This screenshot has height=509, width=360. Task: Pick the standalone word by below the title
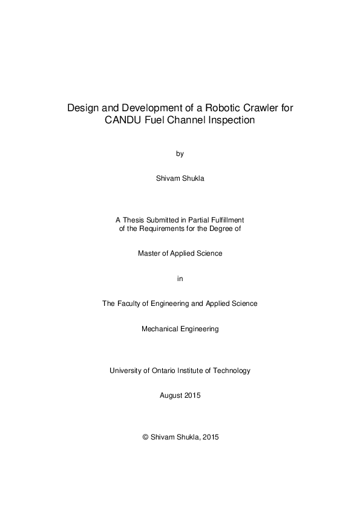(180, 154)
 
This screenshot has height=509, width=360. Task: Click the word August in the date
(171, 395)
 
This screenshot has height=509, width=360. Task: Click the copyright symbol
(145, 437)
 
